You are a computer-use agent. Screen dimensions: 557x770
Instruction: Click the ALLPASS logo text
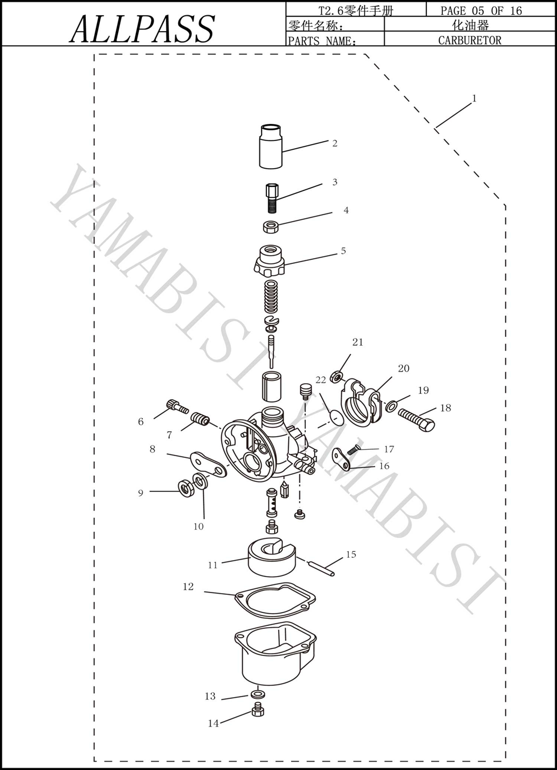click(143, 29)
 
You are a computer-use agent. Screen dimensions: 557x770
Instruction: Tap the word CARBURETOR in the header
click(469, 40)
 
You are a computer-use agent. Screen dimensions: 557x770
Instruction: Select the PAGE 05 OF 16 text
click(481, 11)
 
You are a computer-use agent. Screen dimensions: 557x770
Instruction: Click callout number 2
click(335, 143)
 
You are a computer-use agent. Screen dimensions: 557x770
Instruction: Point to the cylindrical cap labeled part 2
click(271, 146)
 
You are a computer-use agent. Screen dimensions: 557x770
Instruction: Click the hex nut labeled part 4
click(271, 227)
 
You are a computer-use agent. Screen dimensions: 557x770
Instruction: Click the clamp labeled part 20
click(362, 400)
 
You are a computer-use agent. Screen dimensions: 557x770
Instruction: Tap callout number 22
click(321, 380)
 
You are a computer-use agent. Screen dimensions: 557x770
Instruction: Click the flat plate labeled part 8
click(208, 464)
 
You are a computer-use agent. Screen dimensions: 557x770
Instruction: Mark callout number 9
click(141, 493)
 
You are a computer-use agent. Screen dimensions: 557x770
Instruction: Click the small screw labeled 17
click(354, 448)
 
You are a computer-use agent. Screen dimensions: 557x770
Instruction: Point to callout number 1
click(475, 99)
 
